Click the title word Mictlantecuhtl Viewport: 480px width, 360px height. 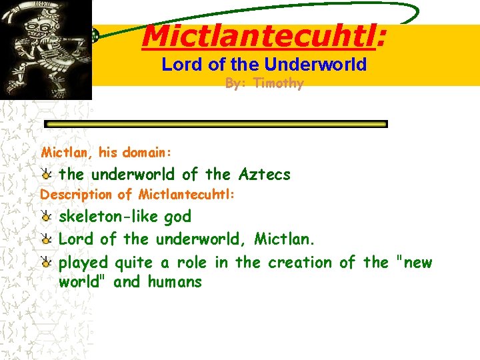pos(259,37)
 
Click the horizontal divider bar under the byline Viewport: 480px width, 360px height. pos(215,124)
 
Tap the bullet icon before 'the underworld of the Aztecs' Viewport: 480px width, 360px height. pos(46,175)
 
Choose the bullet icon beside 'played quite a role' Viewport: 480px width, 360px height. pos(46,263)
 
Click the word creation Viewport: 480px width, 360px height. pos(299,262)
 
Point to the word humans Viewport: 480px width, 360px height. pos(175,282)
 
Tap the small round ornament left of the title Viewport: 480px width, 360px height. pos(96,37)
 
